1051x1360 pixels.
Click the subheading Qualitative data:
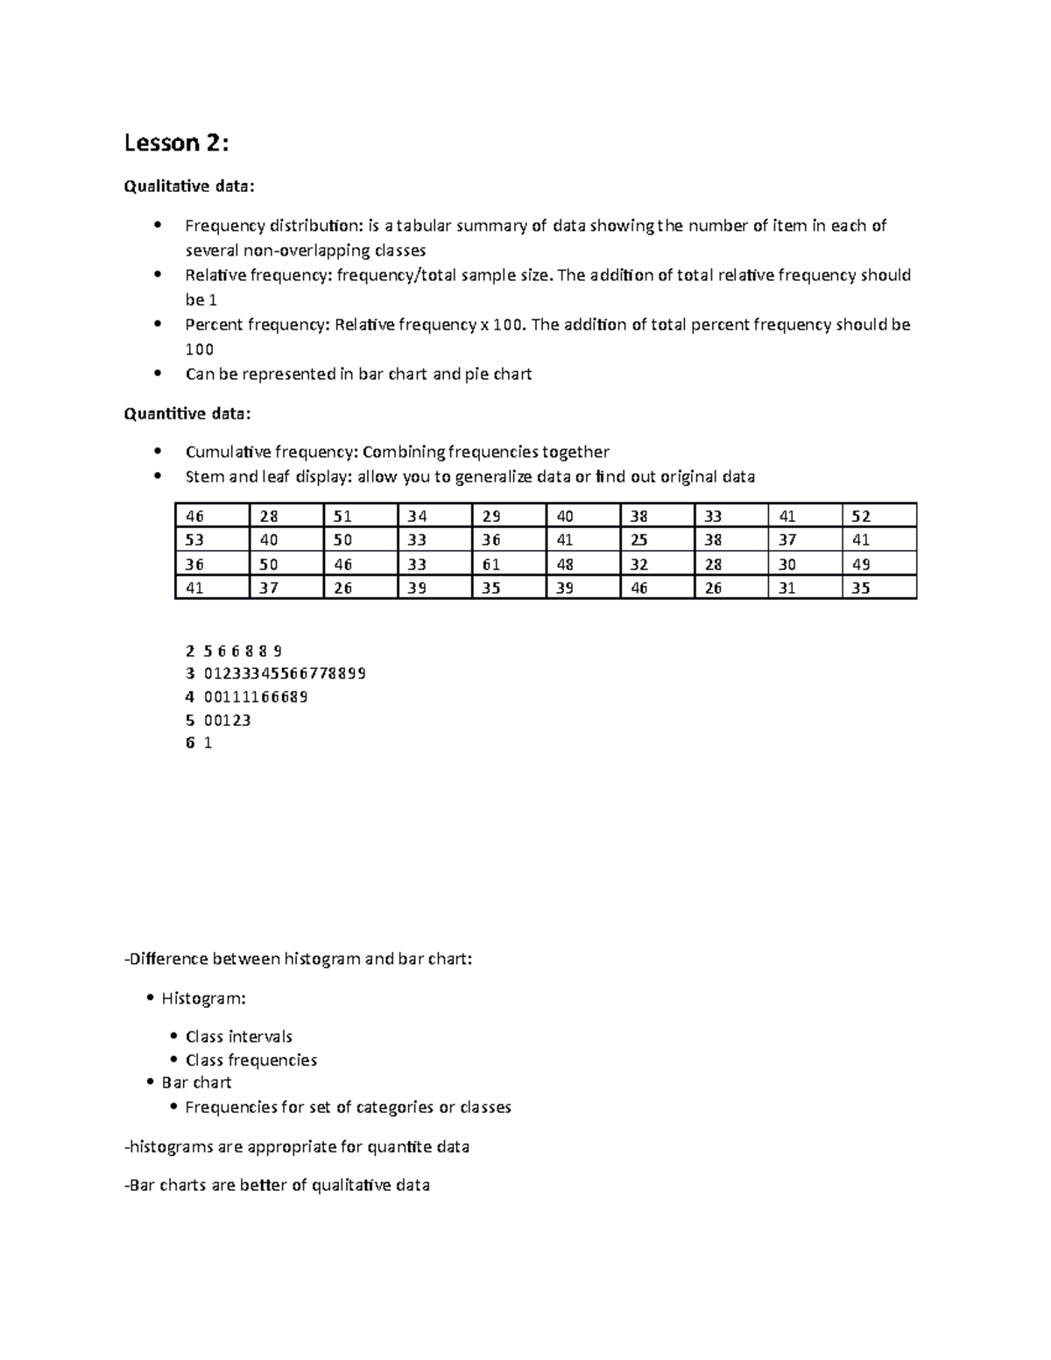point(190,186)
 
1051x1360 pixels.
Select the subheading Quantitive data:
point(187,413)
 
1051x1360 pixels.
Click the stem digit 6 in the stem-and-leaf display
point(190,743)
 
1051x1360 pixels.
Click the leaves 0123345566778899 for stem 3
point(285,673)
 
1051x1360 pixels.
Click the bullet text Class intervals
point(238,1037)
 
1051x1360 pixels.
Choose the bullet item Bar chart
point(196,1082)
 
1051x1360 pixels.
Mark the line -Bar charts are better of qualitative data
point(278,1186)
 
